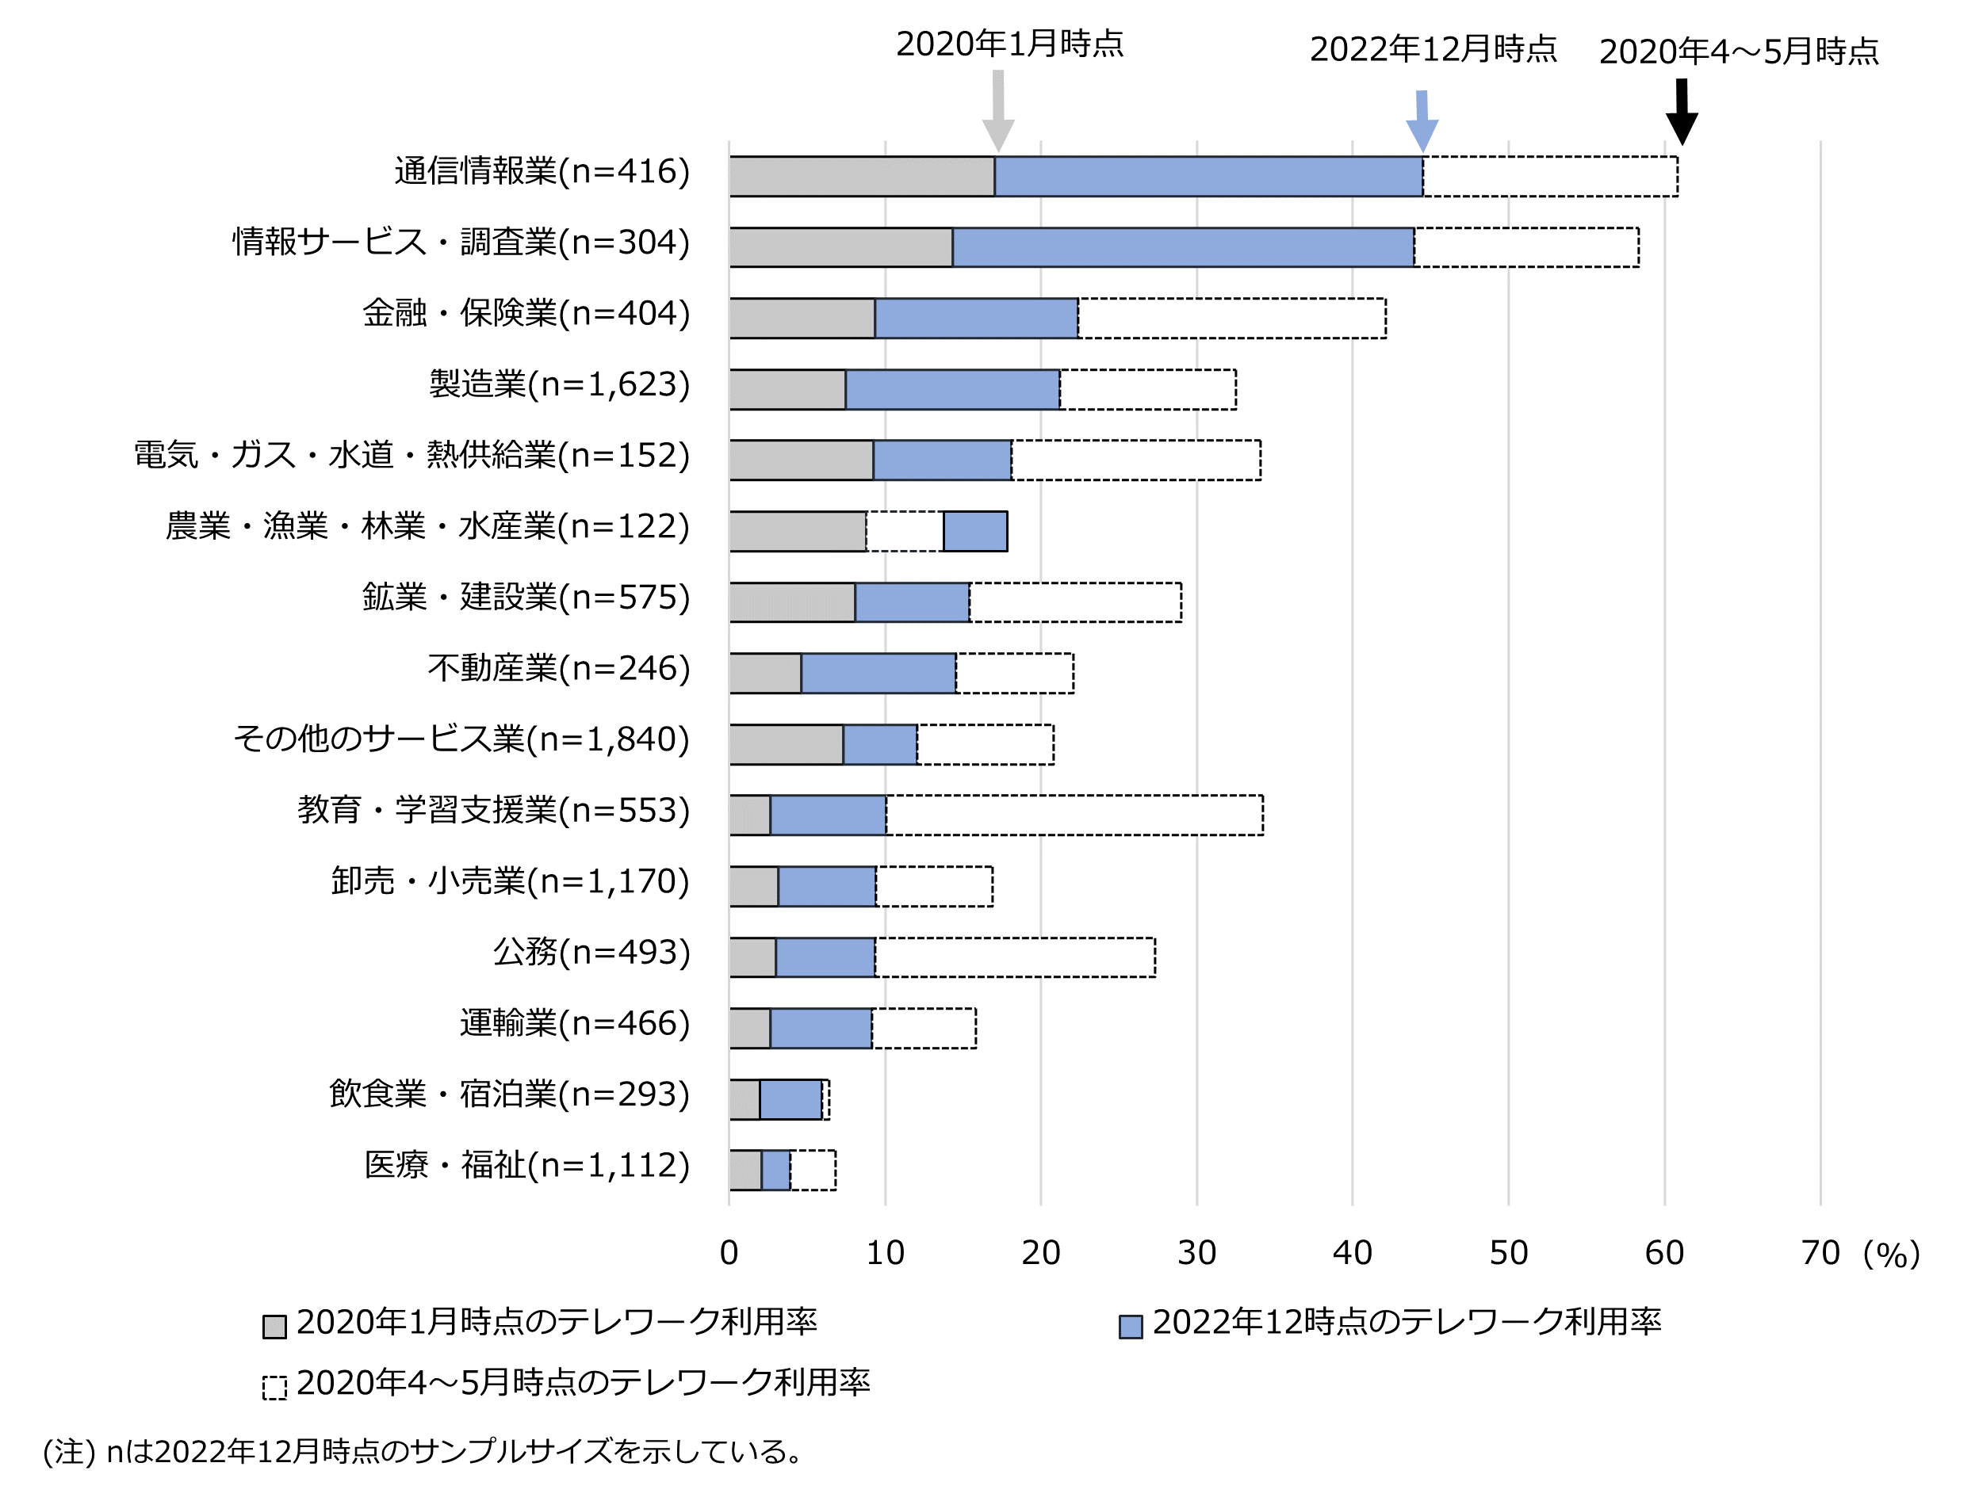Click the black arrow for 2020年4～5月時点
1681,112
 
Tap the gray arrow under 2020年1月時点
997,112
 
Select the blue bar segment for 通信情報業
1208,176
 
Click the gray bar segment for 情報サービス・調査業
840,247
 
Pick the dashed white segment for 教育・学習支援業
1074,815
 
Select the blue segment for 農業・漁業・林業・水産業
974,531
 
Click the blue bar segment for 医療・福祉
775,1170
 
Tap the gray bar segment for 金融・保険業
802,319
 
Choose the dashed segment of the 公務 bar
1015,957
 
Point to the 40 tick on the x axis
1352,1253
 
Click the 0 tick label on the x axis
729,1253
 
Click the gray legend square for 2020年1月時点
274,1327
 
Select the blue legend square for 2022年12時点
1130,1327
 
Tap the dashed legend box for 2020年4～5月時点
274,1388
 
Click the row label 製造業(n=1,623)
559,384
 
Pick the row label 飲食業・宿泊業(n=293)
509,1094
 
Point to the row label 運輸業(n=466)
574,1023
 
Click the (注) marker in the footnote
69,1452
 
